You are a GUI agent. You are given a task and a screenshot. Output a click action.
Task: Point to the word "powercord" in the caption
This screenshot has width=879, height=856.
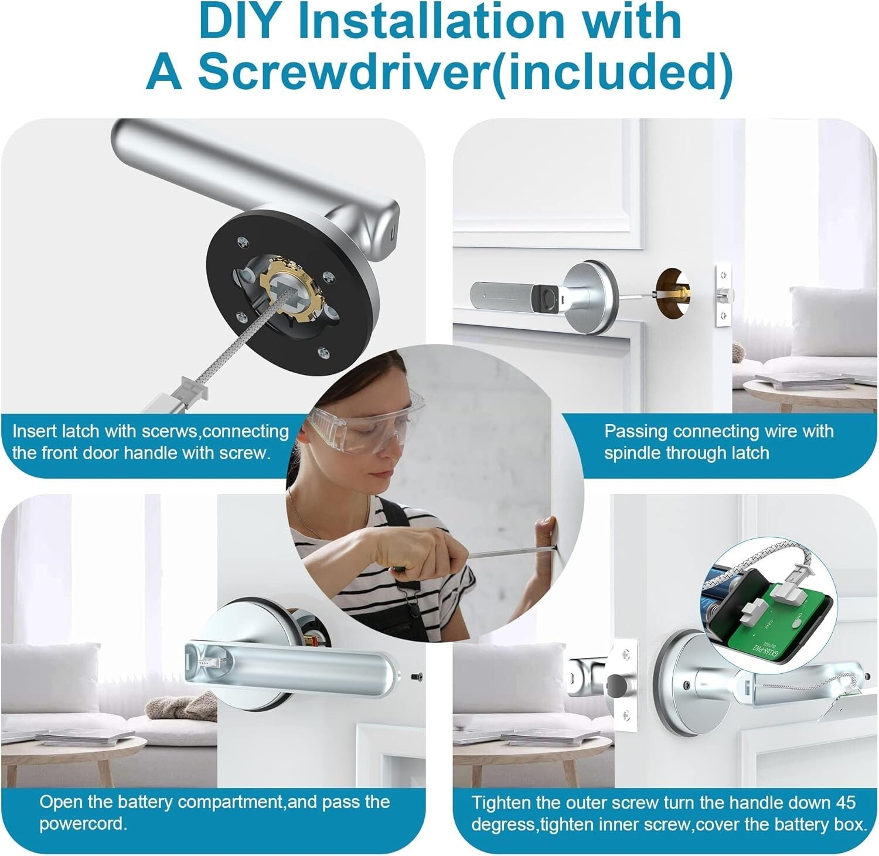tap(82, 824)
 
